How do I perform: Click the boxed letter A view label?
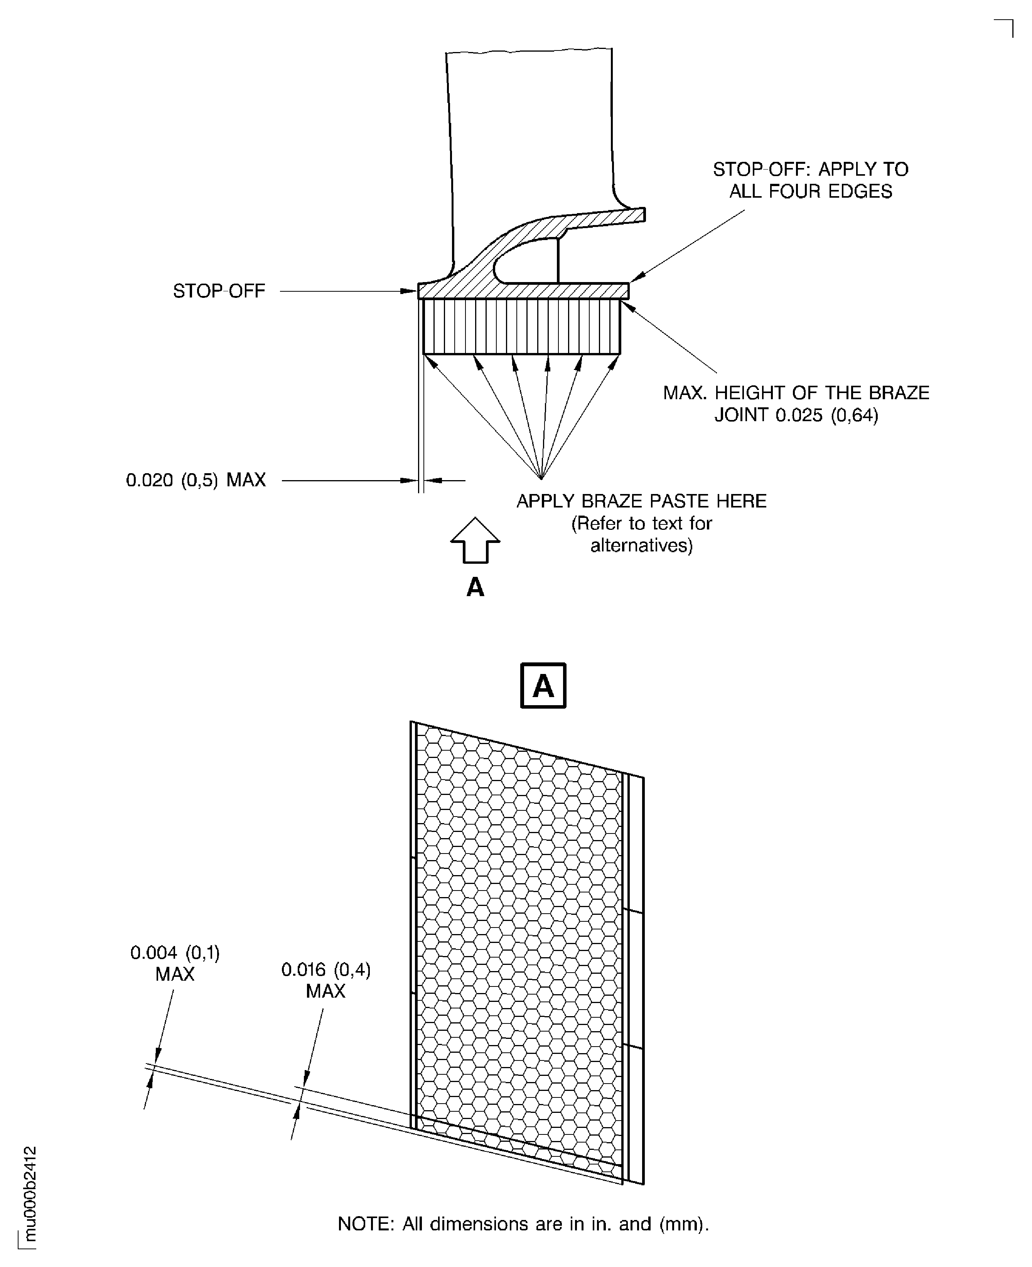point(543,686)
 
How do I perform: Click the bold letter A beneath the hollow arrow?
point(475,588)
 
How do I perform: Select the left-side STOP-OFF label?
point(219,291)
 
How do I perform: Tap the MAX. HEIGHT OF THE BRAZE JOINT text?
point(796,403)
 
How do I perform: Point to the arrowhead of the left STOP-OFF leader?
point(410,291)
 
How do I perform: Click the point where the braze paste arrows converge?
point(541,479)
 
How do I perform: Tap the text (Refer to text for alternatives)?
point(641,534)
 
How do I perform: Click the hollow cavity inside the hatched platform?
point(526,261)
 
